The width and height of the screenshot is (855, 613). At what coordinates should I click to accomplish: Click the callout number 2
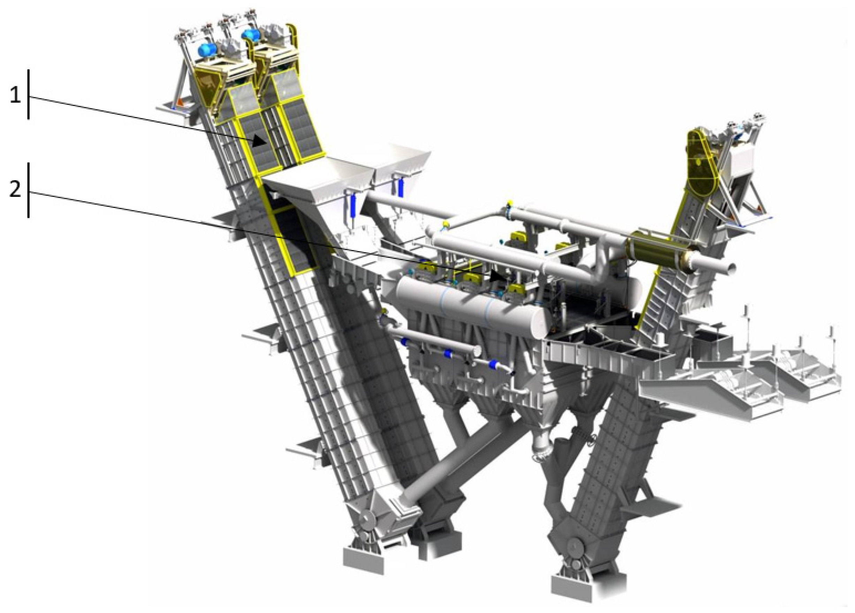coord(15,190)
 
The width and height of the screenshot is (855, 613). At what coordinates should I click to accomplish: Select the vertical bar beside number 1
coord(29,94)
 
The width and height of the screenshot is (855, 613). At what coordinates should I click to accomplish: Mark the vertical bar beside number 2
coord(29,190)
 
